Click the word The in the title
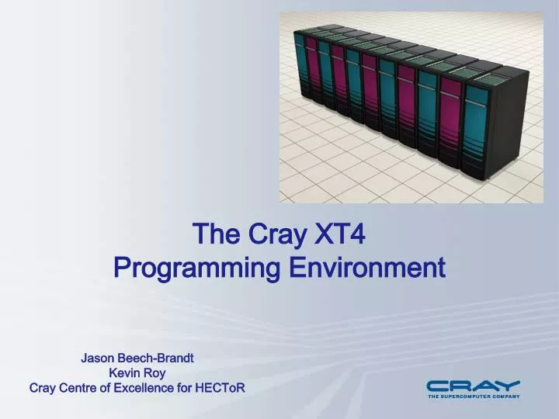click(x=210, y=233)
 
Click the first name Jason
click(x=98, y=358)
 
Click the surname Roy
click(x=155, y=373)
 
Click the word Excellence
click(x=146, y=388)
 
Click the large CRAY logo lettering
click(x=473, y=386)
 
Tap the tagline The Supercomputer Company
click(x=474, y=396)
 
